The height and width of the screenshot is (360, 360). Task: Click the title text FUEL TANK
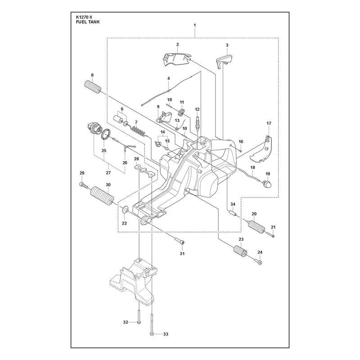pyautogui.click(x=88, y=22)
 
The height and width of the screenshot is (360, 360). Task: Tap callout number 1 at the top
pyautogui.click(x=195, y=25)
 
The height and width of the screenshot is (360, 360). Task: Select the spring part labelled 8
pyautogui.click(x=93, y=87)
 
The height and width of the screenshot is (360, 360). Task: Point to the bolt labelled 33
pyautogui.click(x=152, y=324)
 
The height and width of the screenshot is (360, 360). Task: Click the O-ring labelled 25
pyautogui.click(x=106, y=134)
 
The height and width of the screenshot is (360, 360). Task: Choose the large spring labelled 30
pyautogui.click(x=102, y=195)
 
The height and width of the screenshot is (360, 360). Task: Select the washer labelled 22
pyautogui.click(x=125, y=209)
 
